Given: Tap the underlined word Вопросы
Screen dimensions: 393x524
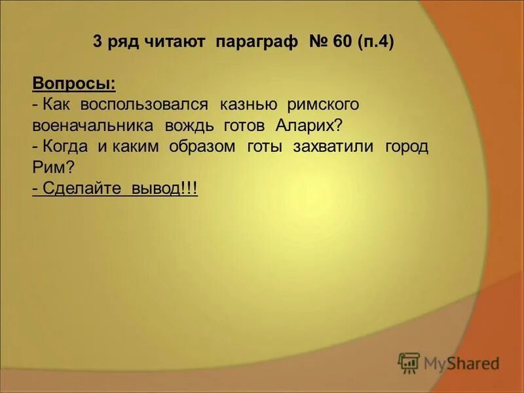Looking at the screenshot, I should [x=74, y=84].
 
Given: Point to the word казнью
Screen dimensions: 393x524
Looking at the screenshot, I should [x=250, y=105].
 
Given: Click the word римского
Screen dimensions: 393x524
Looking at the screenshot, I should [x=324, y=105].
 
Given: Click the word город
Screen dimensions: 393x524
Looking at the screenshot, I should [x=406, y=147].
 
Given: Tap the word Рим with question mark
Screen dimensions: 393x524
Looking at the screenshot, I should [x=52, y=168].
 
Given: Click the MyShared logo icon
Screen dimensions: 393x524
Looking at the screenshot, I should [x=409, y=363].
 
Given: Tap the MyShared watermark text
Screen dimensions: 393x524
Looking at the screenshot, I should [x=461, y=363].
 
